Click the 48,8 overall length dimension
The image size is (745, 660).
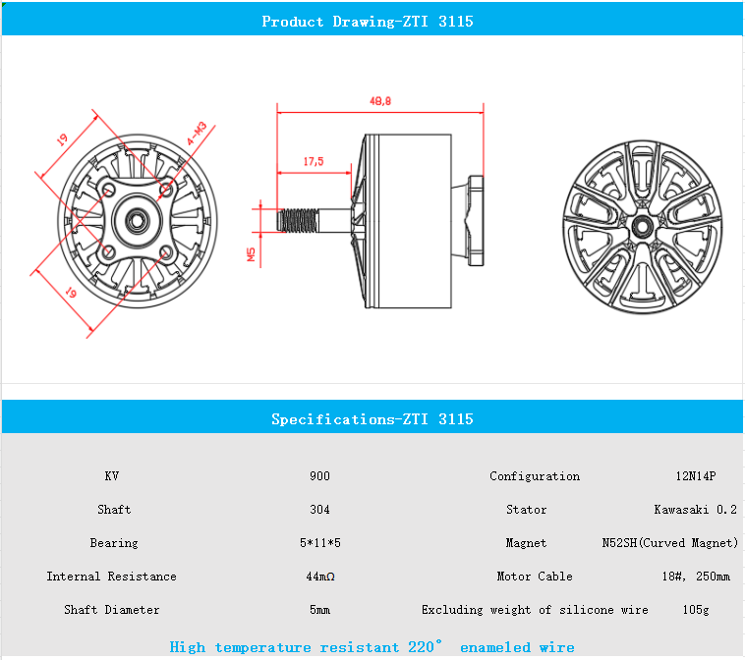tap(379, 101)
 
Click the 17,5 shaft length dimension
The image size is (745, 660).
tap(314, 161)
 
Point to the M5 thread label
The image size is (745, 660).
tap(251, 255)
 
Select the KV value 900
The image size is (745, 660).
tap(319, 476)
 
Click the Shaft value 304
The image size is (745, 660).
tap(319, 510)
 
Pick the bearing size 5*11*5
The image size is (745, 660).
tap(319, 543)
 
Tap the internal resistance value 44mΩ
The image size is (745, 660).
tap(319, 577)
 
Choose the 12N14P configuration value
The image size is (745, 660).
tap(696, 476)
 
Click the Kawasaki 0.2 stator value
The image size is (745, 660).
tap(696, 510)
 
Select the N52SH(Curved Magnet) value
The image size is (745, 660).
tap(668, 543)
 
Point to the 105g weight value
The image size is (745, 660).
tap(696, 610)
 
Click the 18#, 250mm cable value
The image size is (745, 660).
tap(696, 577)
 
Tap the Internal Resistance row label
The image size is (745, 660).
tap(112, 577)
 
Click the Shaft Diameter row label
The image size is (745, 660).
tap(112, 610)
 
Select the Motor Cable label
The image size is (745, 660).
tap(535, 577)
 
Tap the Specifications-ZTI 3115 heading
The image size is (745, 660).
tap(372, 419)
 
